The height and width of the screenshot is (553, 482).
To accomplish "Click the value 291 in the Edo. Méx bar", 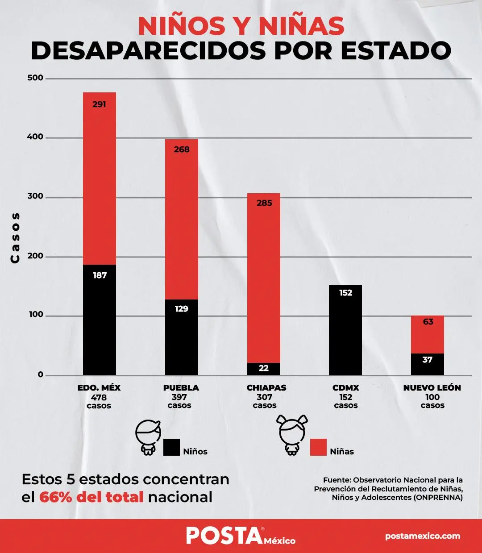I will pos(99,104).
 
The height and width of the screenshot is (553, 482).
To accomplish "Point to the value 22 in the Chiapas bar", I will pos(264,368).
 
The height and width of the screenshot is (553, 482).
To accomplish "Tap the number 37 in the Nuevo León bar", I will pos(428,360).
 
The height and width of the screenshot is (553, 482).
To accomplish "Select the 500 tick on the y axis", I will pos(35,78).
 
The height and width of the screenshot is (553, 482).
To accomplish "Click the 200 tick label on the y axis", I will pos(35,256).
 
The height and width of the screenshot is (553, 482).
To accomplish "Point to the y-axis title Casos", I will pos(15,237).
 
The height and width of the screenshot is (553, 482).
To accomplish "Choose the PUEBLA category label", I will pos(181,388).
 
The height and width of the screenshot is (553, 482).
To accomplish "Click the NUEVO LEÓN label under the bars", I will pos(432,388).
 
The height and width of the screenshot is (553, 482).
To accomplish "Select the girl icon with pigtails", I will pos(292,435).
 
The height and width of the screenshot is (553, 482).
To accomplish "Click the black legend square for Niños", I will pos(171,447).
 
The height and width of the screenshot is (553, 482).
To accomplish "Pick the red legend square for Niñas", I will pos(318,447).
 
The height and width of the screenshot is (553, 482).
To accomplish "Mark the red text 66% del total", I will pos(91,497).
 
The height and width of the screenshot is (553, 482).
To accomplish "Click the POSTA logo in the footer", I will pos(224,536).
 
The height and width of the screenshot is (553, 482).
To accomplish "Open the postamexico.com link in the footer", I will pos(423,536).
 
